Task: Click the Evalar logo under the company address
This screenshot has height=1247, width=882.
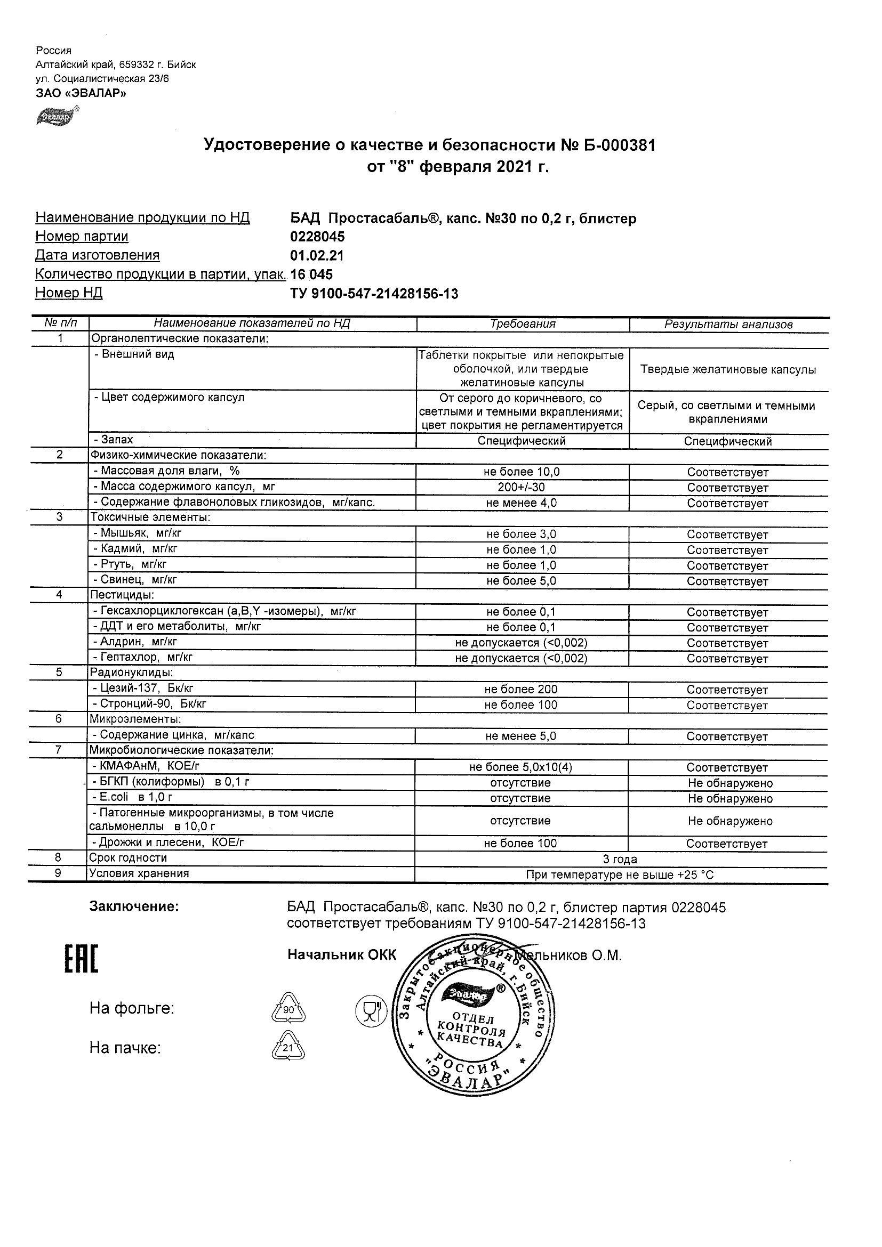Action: [x=56, y=116]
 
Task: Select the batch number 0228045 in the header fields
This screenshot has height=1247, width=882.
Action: [x=317, y=237]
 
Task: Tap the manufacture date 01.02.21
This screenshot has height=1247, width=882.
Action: [x=317, y=256]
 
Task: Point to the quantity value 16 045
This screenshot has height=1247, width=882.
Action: [x=311, y=274]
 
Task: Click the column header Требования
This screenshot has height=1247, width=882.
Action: [x=523, y=324]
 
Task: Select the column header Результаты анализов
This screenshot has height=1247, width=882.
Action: [x=728, y=325]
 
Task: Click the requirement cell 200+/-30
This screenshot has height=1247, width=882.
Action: [x=522, y=487]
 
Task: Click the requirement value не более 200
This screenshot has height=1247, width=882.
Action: [x=521, y=689]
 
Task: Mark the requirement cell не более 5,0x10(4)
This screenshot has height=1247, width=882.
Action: [x=520, y=767]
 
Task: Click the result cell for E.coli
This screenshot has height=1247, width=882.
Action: [x=730, y=798]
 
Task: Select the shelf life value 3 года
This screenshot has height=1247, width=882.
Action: [x=620, y=859]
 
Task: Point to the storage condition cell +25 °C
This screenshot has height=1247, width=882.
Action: [x=620, y=875]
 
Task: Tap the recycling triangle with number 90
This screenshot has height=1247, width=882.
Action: [x=288, y=1010]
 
